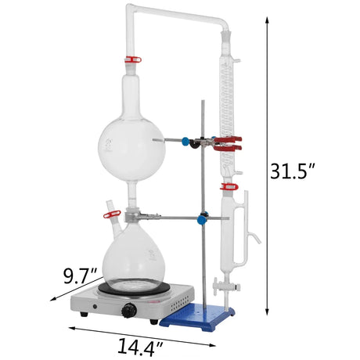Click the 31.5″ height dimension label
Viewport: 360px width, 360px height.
(293, 171)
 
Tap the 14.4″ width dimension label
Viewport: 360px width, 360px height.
(140, 347)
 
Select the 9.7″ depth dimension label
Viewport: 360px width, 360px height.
(81, 275)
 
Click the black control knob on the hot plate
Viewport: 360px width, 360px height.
(129, 310)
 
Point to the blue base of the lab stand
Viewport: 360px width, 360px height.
(197, 316)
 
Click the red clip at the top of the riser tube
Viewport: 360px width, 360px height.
(132, 59)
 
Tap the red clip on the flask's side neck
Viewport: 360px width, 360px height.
(112, 214)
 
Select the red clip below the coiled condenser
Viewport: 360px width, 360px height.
(229, 186)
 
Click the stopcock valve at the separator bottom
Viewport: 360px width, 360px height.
(225, 286)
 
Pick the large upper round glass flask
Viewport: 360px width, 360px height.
(131, 149)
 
